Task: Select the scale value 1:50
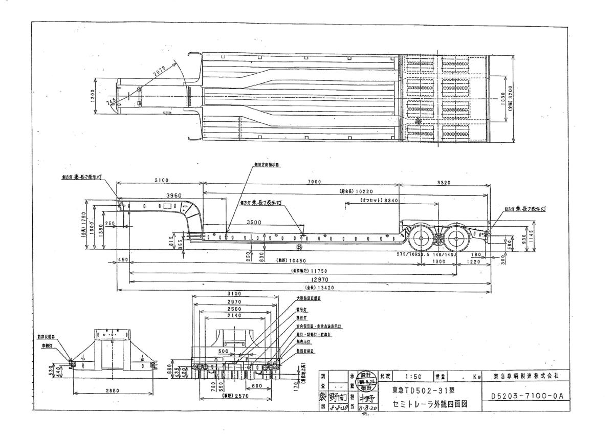pyautogui.click(x=413, y=376)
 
